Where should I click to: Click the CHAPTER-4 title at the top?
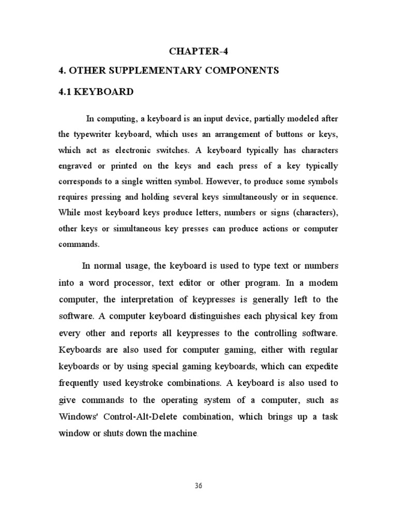click(x=198, y=51)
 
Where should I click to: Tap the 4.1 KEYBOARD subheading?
click(x=96, y=92)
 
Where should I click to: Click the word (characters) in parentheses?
click(x=315, y=213)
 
